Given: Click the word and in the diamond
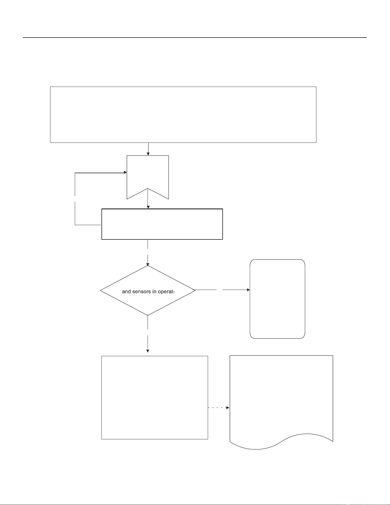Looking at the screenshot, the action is click(126, 292).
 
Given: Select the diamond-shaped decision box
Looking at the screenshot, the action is click(148, 290).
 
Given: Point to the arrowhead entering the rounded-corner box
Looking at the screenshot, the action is click(248, 290).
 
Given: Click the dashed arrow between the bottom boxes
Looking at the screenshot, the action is click(219, 407).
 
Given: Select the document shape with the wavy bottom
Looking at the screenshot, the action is click(281, 401).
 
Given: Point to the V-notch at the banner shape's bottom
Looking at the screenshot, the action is click(148, 188).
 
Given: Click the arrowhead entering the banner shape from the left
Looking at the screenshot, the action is click(125, 173).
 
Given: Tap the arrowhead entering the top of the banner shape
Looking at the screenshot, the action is click(148, 154).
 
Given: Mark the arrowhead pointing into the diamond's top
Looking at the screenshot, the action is click(148, 264).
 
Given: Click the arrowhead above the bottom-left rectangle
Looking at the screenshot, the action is click(148, 351).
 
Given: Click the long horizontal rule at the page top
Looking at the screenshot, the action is click(195, 38).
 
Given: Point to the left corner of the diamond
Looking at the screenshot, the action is click(100, 290).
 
